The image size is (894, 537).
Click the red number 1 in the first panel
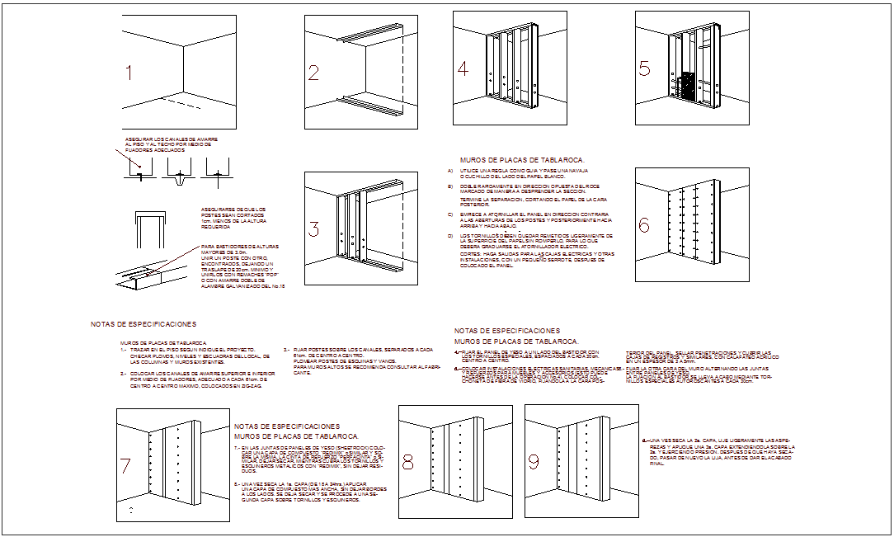(x=128, y=73)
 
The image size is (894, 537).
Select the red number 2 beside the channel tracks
(x=313, y=73)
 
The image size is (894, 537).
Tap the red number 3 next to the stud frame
(x=313, y=228)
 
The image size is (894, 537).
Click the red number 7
(x=125, y=466)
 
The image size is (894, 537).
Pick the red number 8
(x=407, y=464)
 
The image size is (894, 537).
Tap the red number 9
(x=534, y=464)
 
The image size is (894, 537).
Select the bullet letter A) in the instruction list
(x=450, y=171)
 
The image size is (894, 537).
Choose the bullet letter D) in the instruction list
(x=450, y=235)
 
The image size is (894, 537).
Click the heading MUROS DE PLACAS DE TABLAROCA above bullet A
(x=521, y=160)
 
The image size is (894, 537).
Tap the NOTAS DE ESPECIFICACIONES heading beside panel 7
(x=287, y=426)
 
